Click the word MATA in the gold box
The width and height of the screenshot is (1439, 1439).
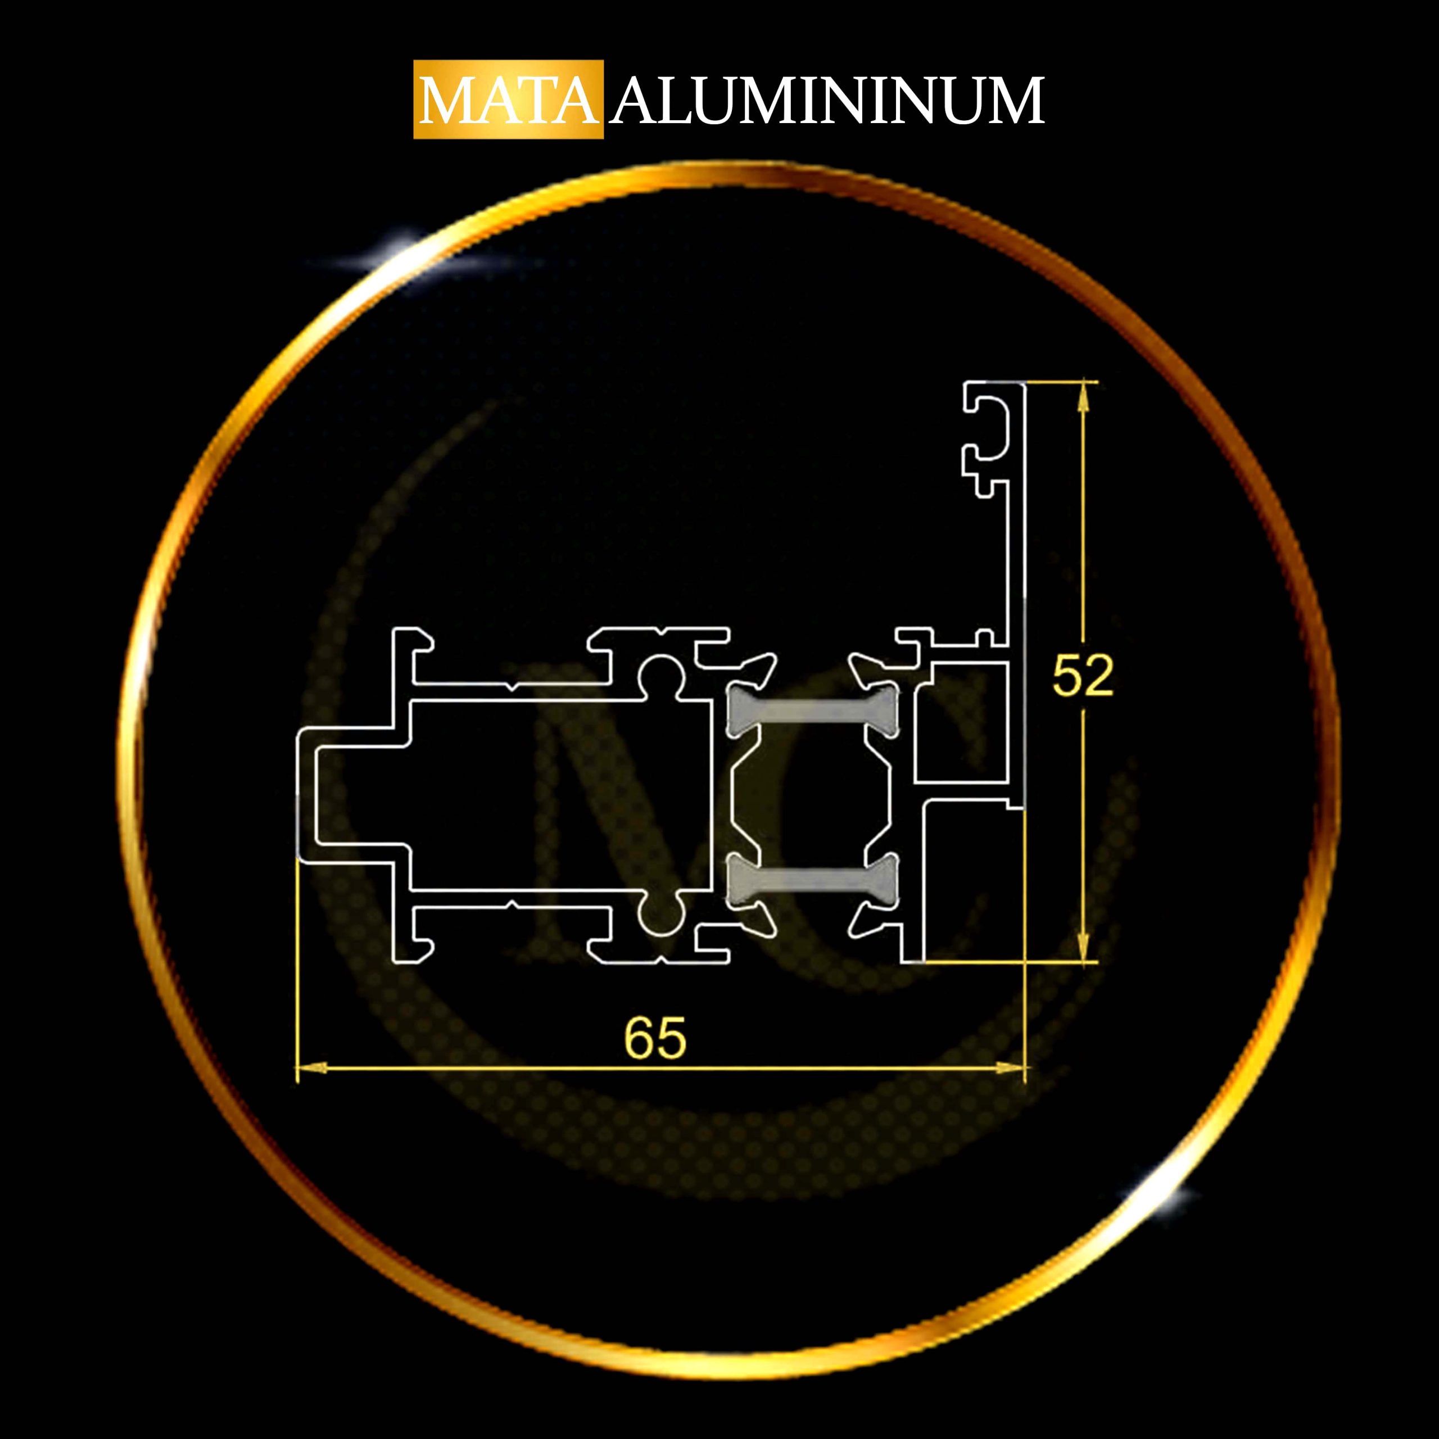(x=509, y=100)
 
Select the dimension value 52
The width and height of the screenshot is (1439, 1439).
(x=1083, y=676)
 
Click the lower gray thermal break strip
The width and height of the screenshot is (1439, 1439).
(x=813, y=880)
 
